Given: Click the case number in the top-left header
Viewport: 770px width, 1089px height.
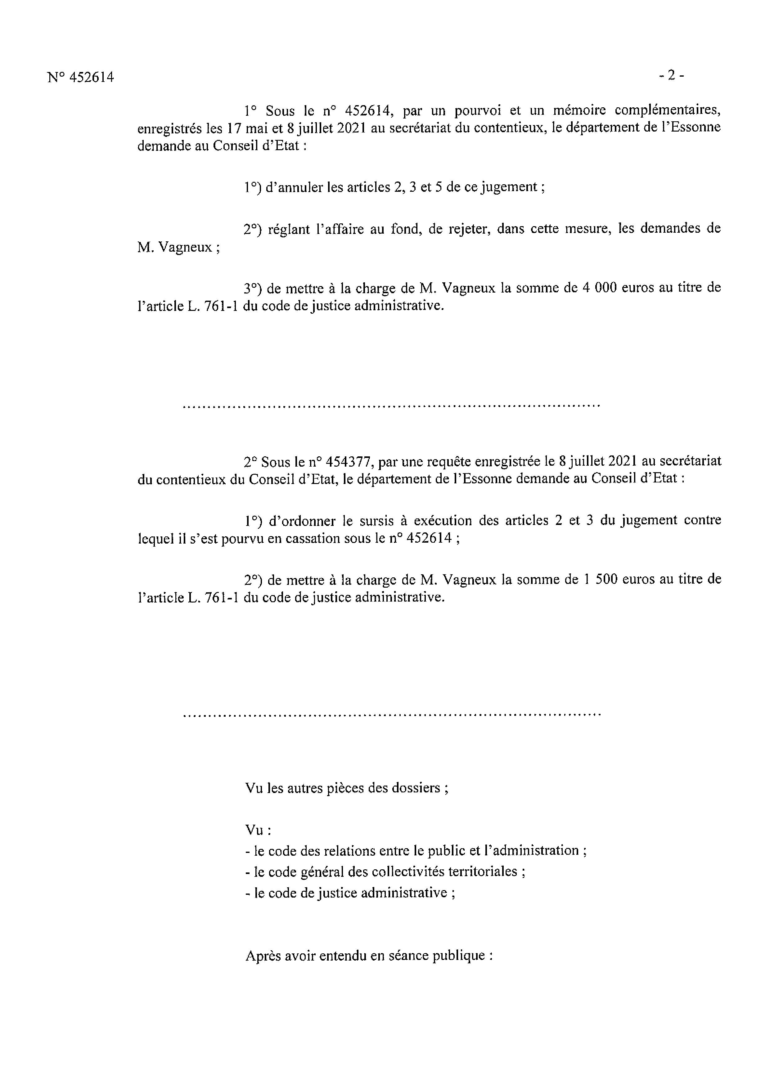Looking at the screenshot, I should coord(81,77).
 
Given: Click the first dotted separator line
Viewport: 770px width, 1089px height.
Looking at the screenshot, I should coord(391,406).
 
